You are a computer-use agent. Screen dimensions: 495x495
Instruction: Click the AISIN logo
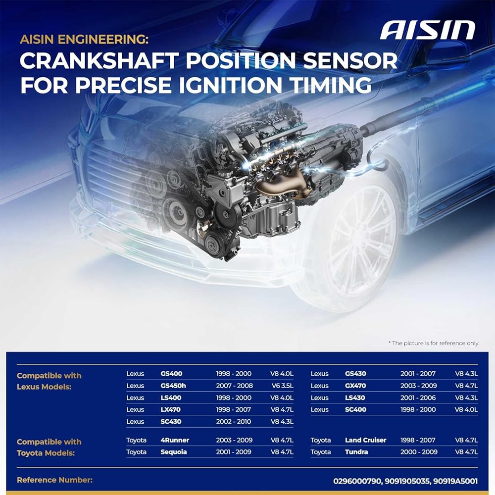pyautogui.click(x=428, y=30)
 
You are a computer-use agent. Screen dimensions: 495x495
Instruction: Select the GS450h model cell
pyautogui.click(x=173, y=386)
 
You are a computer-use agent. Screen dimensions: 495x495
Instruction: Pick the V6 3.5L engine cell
pyautogui.click(x=282, y=386)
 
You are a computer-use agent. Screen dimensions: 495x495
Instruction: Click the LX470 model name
pyautogui.click(x=170, y=409)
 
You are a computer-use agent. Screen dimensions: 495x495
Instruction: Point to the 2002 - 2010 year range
pyautogui.click(x=234, y=421)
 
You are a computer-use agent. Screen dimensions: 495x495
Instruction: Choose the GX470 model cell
pyautogui.click(x=355, y=386)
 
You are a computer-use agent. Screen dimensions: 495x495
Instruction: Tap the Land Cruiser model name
pyautogui.click(x=366, y=440)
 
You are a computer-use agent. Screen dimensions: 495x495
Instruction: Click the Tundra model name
pyautogui.click(x=356, y=452)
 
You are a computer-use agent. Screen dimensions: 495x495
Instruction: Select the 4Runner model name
pyautogui.click(x=175, y=440)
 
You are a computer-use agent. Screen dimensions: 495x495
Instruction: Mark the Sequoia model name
pyautogui.click(x=174, y=452)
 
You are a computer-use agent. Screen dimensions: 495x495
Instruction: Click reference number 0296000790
pyautogui.click(x=357, y=481)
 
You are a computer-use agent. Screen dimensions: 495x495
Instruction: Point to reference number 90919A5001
pyautogui.click(x=455, y=481)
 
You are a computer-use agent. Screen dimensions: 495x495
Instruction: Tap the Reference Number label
pyautogui.click(x=54, y=480)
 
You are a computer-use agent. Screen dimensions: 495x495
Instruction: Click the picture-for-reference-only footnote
pyautogui.click(x=434, y=343)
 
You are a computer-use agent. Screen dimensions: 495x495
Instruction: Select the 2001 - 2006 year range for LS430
pyautogui.click(x=418, y=398)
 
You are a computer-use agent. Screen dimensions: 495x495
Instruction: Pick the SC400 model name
pyautogui.click(x=355, y=409)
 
